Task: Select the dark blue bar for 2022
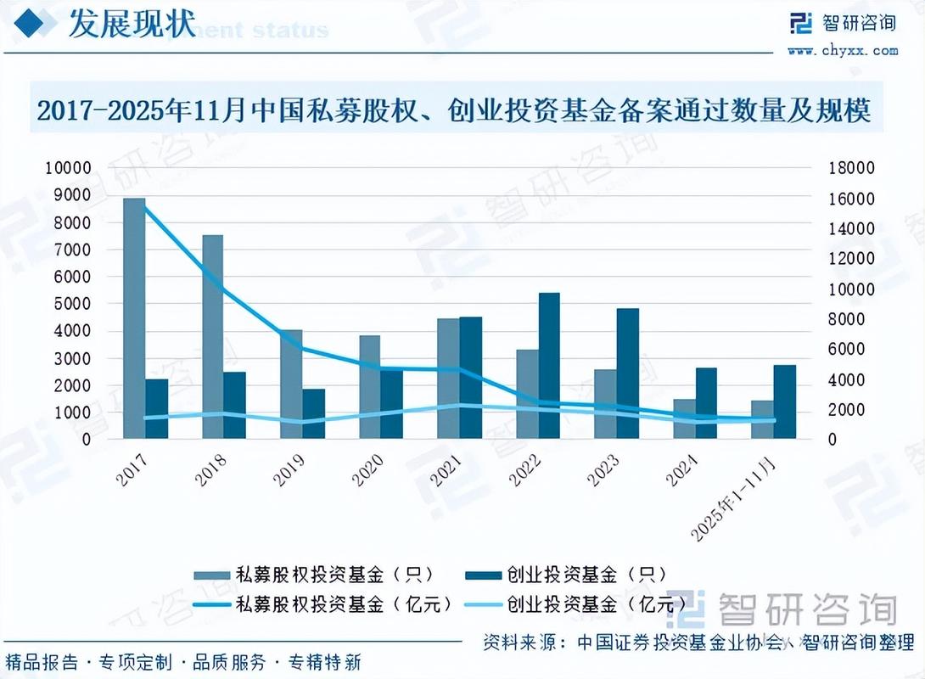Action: point(549,366)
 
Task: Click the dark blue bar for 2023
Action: point(628,373)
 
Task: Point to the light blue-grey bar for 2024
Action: point(684,419)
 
